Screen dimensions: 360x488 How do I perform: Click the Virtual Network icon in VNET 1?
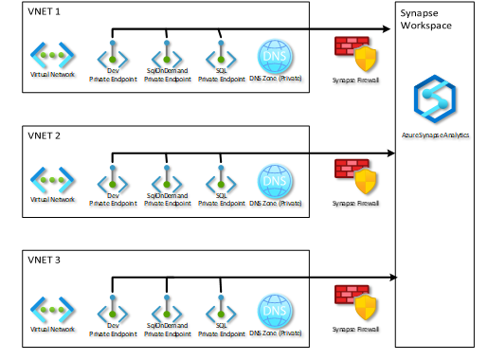coord(51,54)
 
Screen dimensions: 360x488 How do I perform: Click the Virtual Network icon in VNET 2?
coord(51,178)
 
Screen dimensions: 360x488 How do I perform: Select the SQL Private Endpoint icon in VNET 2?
coord(221,178)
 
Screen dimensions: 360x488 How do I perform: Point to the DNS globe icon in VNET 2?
coord(274,178)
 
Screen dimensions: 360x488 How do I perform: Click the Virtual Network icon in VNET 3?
coord(51,308)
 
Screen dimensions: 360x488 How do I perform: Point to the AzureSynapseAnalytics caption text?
coord(435,135)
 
